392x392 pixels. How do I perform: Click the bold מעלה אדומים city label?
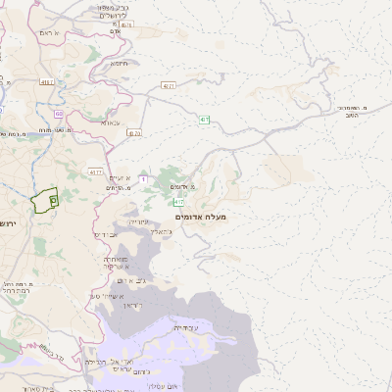[x=201, y=215]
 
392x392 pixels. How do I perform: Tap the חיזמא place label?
[x=120, y=64]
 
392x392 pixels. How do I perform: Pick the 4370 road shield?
[x=134, y=132]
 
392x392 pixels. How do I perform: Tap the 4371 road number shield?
[x=169, y=85]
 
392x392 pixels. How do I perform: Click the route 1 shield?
[x=144, y=178]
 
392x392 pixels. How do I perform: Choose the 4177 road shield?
[x=95, y=171]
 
